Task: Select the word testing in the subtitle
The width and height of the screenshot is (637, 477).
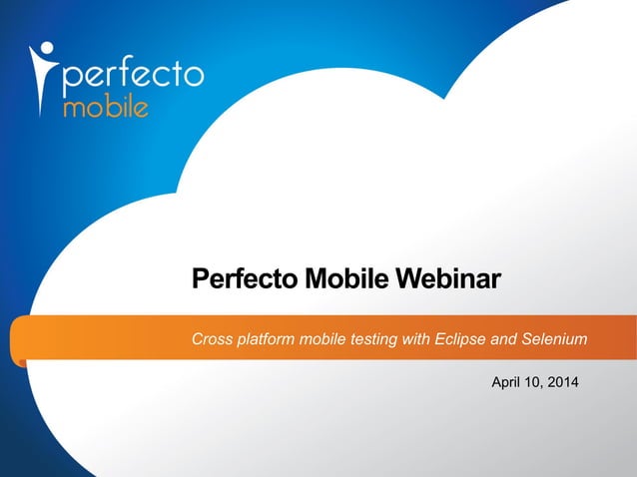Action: pyautogui.click(x=372, y=340)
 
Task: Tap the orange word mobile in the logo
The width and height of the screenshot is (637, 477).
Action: pyautogui.click(x=106, y=107)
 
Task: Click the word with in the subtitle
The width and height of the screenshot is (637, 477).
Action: pyautogui.click(x=415, y=339)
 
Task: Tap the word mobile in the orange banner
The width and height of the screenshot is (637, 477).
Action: pyautogui.click(x=324, y=339)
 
